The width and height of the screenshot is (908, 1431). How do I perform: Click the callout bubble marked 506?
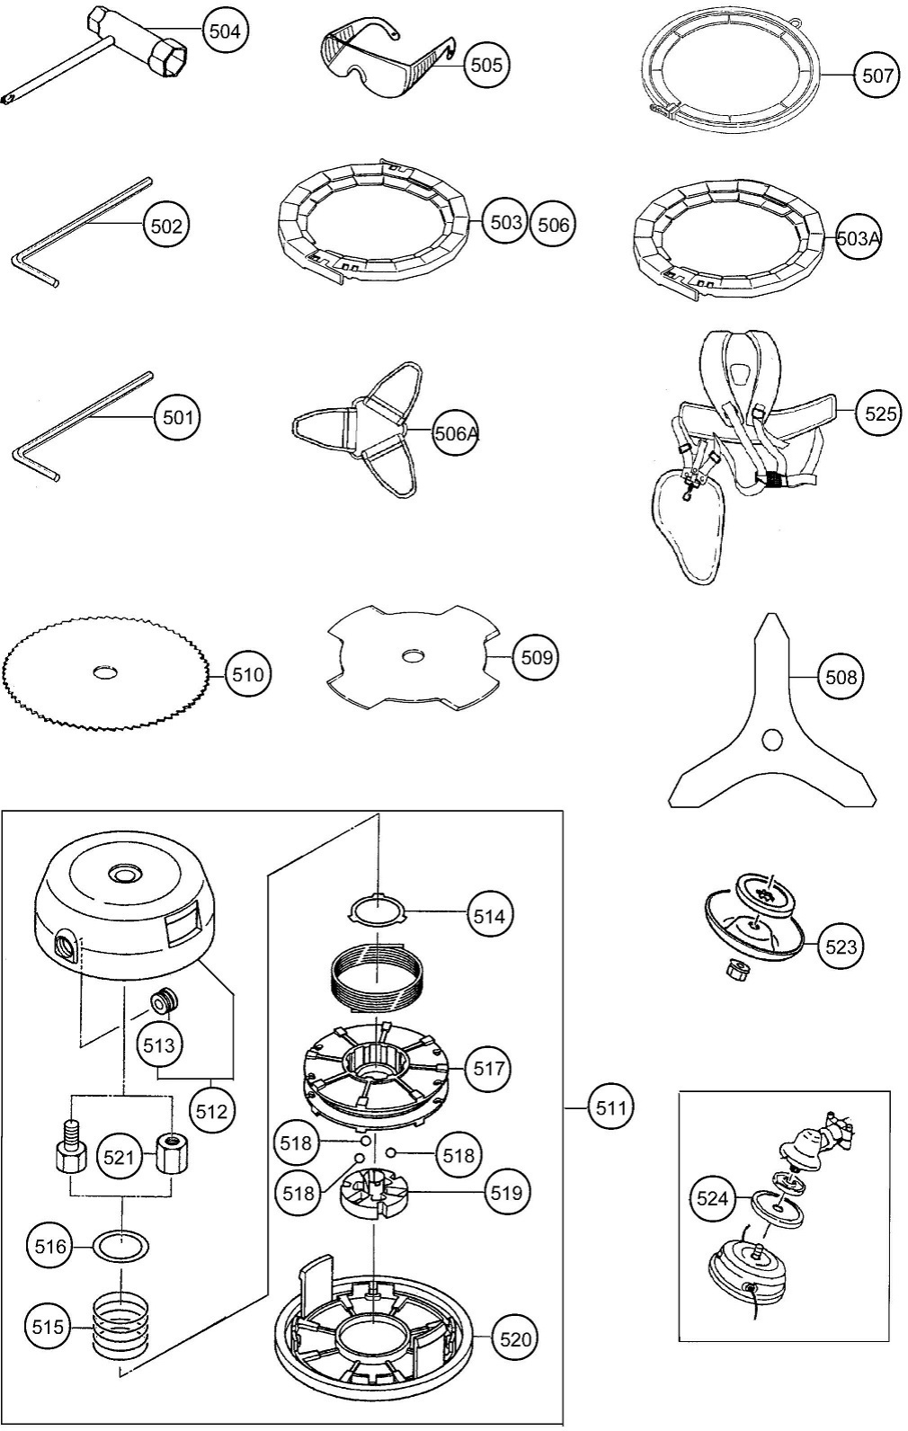pyautogui.click(x=552, y=224)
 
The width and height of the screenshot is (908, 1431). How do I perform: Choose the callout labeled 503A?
pyautogui.click(x=857, y=238)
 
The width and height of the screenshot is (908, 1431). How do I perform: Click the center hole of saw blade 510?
pyautogui.click(x=106, y=671)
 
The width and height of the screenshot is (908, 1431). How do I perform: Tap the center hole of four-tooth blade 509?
pyautogui.click(x=413, y=656)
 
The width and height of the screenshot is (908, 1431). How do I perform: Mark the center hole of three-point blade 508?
pyautogui.click(x=770, y=739)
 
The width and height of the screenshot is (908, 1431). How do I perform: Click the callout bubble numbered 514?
pyautogui.click(x=489, y=916)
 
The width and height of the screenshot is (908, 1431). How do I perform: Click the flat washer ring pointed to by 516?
pyautogui.click(x=122, y=1247)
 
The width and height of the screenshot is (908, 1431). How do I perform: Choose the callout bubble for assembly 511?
pyautogui.click(x=610, y=1107)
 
